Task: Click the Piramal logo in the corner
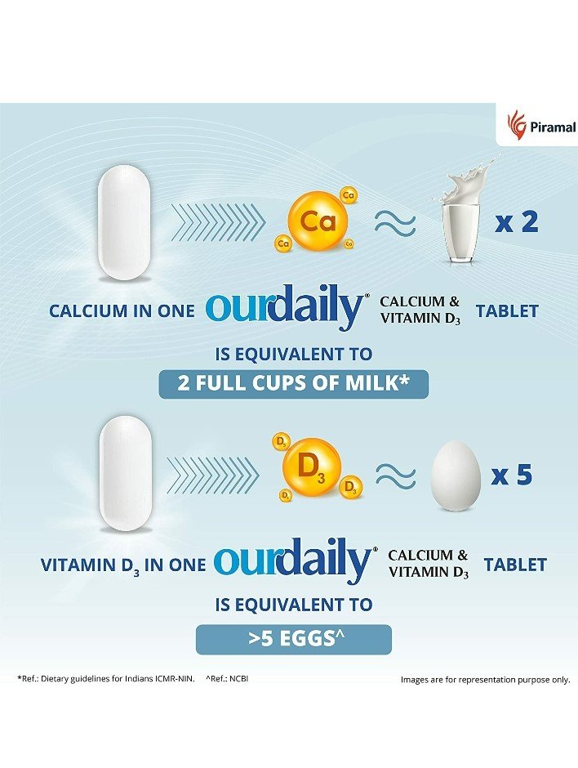540,126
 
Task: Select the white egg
455,477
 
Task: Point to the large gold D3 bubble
311,467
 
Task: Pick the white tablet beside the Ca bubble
124,221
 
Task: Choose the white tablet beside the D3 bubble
125,472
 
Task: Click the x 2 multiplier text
517,222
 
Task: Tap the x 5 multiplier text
512,475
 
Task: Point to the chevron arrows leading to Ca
218,221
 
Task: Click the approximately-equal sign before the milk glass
395,222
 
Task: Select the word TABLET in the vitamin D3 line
514,565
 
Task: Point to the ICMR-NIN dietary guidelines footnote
106,678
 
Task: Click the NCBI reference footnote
226,678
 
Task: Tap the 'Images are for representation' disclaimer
485,679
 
